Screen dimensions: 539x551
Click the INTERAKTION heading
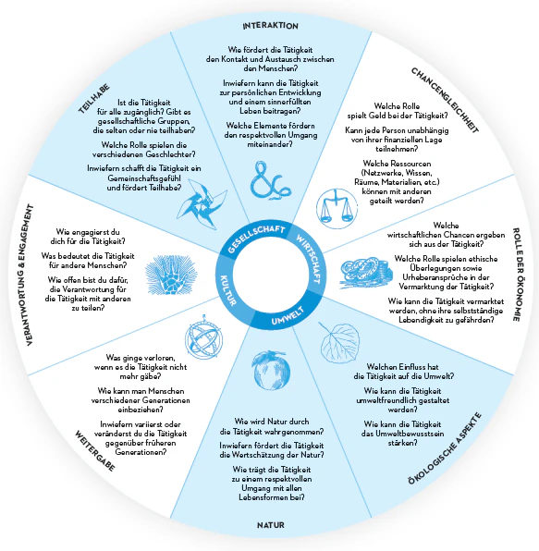coord(270,26)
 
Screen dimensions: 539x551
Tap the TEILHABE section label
coord(93,99)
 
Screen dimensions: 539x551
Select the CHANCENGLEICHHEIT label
coord(445,100)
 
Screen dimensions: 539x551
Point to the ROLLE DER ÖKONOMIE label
coord(516,275)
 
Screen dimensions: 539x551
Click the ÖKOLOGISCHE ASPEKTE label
coord(445,448)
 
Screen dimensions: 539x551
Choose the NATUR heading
coord(271,525)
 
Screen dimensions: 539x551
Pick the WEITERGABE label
coord(95,451)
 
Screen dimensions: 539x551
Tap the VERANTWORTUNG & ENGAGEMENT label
coord(30,275)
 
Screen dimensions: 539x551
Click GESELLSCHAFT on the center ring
coord(256,239)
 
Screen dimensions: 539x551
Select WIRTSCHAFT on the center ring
coord(309,258)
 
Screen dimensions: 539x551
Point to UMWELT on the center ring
coord(288,315)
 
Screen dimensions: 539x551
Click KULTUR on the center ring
coord(228,290)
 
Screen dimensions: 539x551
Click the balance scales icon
coord(337,208)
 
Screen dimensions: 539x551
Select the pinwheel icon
coord(202,204)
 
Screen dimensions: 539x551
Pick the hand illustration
coord(171,275)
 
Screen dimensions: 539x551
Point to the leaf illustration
coord(338,342)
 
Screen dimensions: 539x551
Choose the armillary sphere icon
coord(203,337)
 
